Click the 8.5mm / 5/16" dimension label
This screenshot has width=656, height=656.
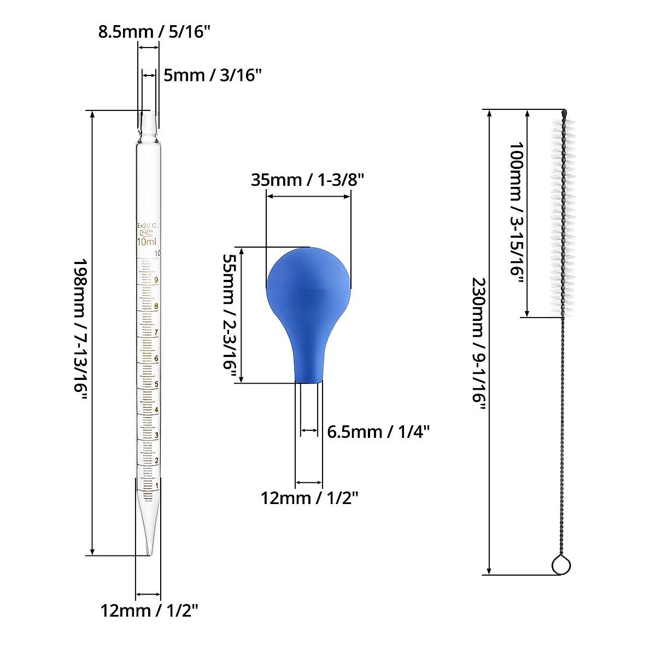(154, 31)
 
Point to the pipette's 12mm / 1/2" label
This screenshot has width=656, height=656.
(149, 611)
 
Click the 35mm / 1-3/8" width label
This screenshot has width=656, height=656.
(307, 179)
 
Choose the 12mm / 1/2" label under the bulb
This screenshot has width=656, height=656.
(309, 498)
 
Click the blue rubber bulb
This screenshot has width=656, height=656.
(309, 306)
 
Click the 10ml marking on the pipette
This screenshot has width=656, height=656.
(147, 242)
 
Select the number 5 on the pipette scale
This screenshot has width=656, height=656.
(156, 384)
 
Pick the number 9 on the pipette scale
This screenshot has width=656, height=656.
(156, 280)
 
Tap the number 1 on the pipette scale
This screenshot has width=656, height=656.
(157, 485)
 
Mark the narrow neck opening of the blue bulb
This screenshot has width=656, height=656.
(309, 382)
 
